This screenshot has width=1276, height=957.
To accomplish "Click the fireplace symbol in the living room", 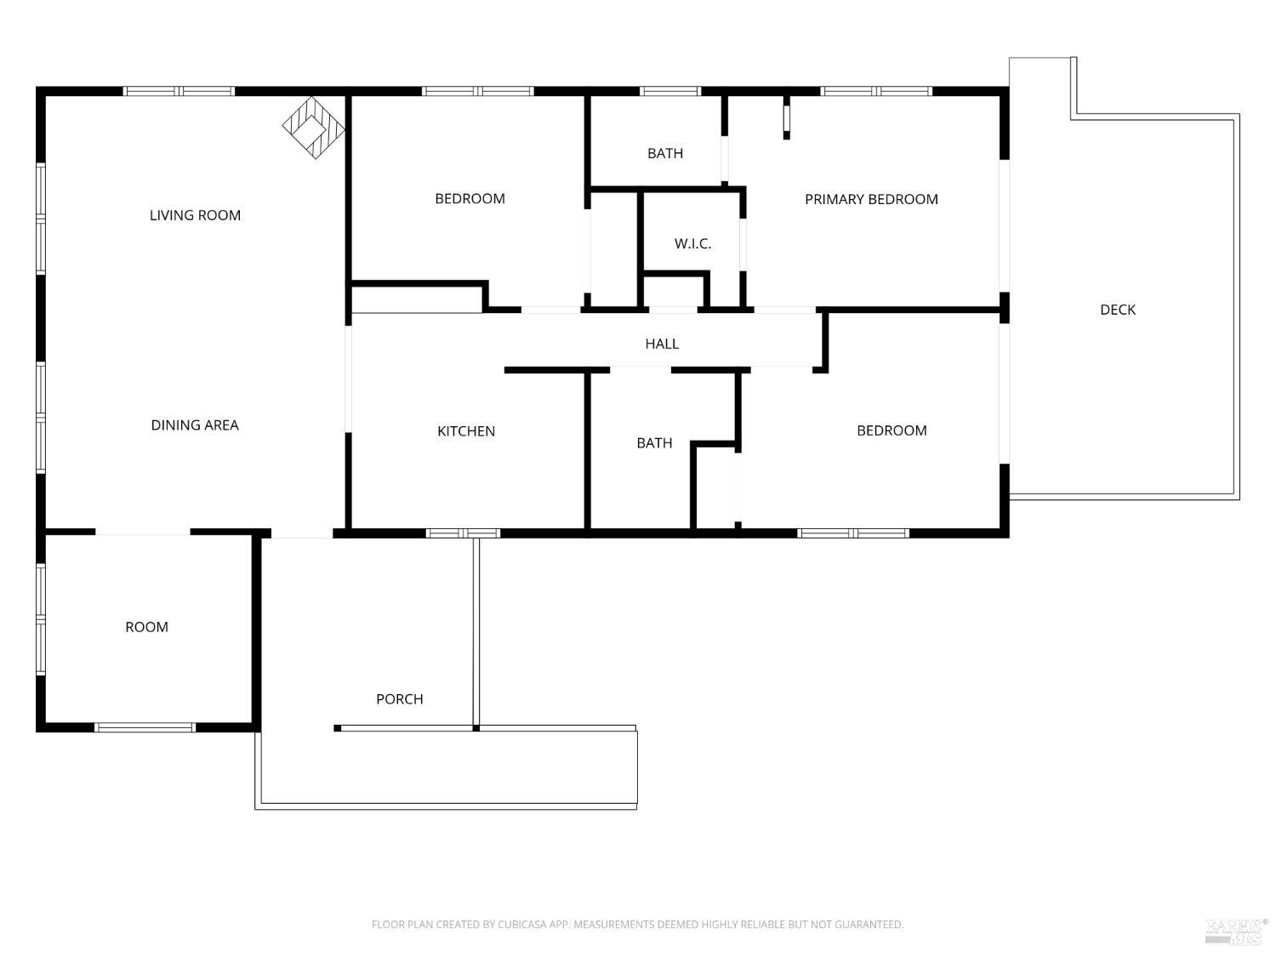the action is (x=313, y=128).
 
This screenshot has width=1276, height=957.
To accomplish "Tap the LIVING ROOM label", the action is (x=196, y=215).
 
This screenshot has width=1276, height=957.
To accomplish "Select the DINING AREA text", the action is (x=195, y=425).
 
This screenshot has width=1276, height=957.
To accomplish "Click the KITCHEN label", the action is (x=466, y=431).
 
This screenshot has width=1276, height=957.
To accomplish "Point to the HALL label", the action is (x=662, y=344).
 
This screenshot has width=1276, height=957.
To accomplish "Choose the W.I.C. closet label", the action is (x=693, y=244).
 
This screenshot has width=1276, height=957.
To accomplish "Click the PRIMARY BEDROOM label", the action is (x=871, y=199).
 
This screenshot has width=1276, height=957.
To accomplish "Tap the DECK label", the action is (x=1118, y=310).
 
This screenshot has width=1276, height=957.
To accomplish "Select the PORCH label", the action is (x=400, y=699).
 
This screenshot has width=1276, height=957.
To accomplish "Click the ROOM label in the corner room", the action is (x=147, y=627).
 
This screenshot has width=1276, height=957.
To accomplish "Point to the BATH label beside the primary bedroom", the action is (x=665, y=153).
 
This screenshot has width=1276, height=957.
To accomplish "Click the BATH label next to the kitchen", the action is (x=654, y=443).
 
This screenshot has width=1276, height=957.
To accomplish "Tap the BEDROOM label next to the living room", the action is (x=470, y=199).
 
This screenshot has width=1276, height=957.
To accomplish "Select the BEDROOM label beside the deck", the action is (x=892, y=430).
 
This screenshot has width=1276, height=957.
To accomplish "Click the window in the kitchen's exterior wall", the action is (x=463, y=533).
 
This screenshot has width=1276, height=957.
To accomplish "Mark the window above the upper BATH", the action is (x=670, y=91).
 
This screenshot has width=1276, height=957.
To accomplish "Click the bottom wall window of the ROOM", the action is (x=145, y=727).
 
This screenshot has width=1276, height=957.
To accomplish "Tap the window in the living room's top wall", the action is (x=179, y=91).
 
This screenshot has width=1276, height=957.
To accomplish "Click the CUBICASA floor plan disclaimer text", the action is (x=638, y=924).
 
